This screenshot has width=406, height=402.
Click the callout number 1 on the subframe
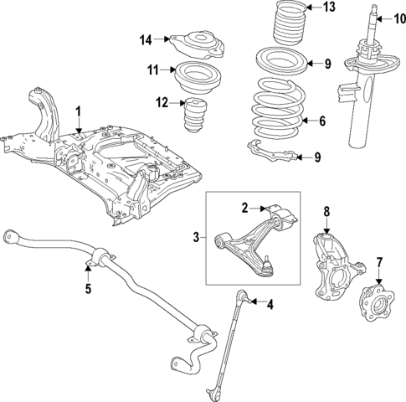[78, 111]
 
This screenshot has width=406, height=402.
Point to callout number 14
[146, 39]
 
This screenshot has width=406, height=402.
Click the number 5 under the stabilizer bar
[87, 290]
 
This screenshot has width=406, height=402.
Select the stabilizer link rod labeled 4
[224, 343]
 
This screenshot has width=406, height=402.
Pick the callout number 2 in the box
[244, 208]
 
